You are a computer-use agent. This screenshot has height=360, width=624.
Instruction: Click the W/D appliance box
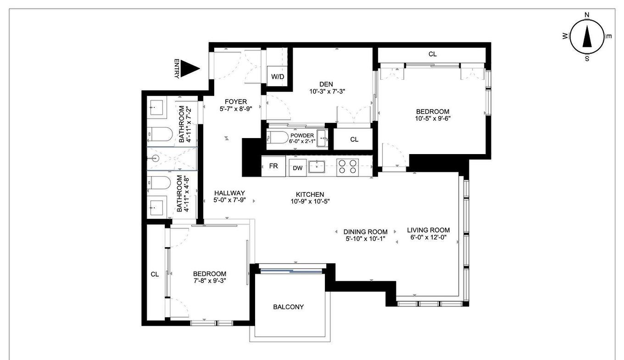point(277,77)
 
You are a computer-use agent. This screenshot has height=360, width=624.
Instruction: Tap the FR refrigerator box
point(273,166)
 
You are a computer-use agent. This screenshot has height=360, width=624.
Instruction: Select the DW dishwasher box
point(298,168)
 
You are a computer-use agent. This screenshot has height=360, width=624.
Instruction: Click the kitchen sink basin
point(317,166)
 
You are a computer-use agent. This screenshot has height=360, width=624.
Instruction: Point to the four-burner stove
point(347,166)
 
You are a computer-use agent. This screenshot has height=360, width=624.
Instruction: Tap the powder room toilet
point(278,137)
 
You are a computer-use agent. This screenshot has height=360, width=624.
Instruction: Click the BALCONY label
point(288,307)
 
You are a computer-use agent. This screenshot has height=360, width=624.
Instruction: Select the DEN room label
point(326,84)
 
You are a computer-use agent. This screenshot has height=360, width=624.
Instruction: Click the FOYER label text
point(236,101)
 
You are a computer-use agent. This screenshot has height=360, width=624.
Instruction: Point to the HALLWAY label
point(229,193)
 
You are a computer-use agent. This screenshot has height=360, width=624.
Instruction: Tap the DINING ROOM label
point(365,232)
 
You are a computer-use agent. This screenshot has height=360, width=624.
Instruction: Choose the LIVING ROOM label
point(429,230)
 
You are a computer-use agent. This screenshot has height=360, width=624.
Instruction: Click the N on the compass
point(587,15)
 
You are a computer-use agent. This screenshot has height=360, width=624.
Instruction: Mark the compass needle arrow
point(587,37)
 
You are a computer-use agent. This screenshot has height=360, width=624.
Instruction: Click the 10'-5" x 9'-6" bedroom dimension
point(432,118)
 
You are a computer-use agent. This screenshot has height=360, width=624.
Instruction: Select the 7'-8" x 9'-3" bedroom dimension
point(209,281)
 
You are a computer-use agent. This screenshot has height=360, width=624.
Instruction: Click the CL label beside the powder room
point(354,139)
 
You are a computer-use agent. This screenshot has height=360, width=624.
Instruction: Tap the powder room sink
point(322,138)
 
